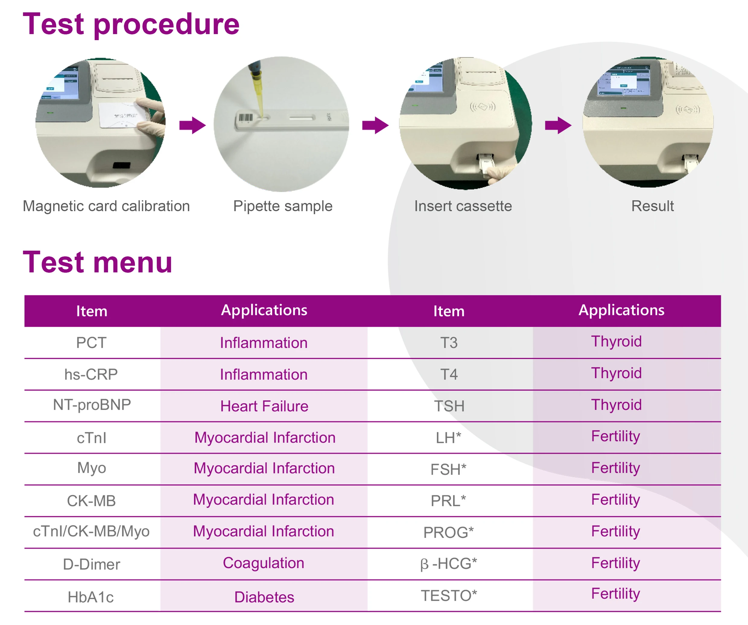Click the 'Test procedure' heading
tap(131, 24)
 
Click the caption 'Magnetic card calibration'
tap(106, 206)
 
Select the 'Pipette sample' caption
tap(283, 206)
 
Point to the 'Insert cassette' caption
tap(463, 206)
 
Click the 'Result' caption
tap(653, 206)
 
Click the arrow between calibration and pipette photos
tap(193, 125)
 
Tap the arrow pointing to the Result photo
tap(558, 125)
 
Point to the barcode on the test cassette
tap(246, 118)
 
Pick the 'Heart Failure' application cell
tap(264, 406)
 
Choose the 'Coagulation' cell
tap(264, 563)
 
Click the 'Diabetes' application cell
tap(264, 597)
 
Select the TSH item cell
tap(449, 406)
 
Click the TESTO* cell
tap(449, 596)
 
